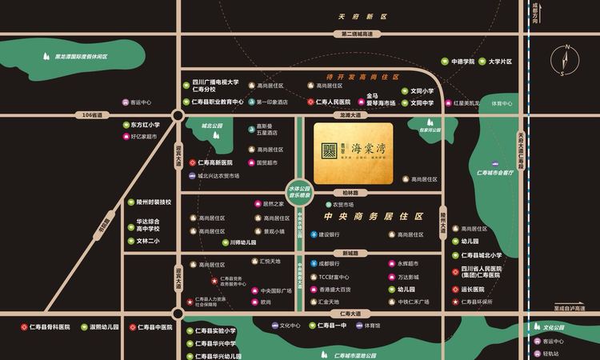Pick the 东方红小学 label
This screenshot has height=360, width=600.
tap(145, 125)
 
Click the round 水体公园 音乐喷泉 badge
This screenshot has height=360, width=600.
tap(299, 193)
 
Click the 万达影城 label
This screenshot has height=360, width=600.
tap(409, 276)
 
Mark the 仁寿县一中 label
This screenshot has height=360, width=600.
tap(331, 326)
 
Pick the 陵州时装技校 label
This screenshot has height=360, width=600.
tap(153, 202)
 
